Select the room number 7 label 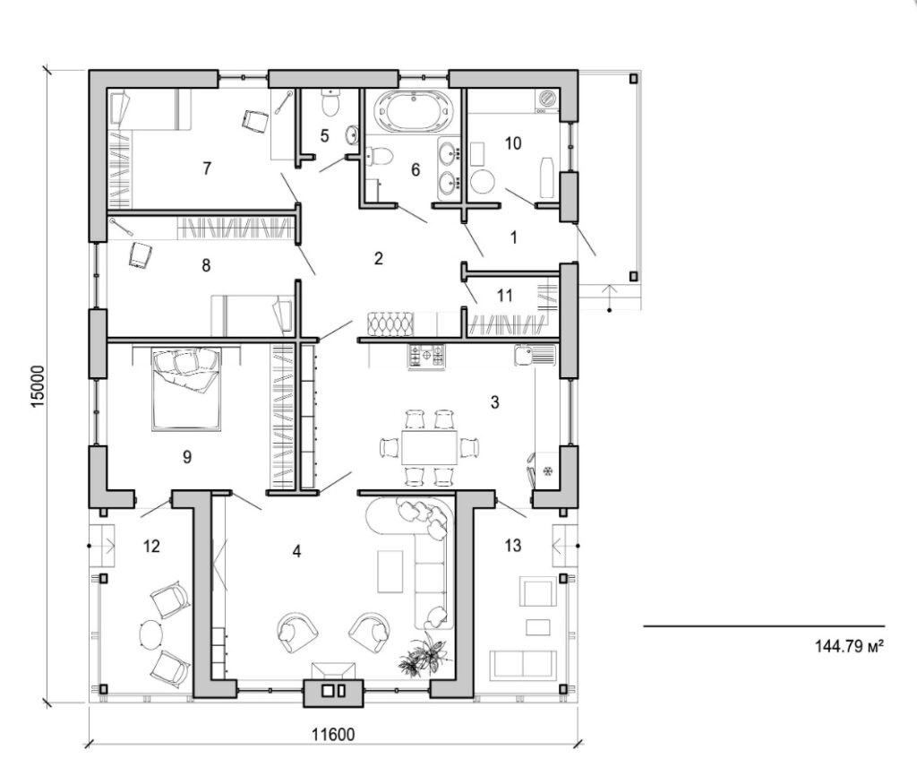(207, 168)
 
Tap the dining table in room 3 (428, 445)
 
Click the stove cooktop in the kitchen (426, 357)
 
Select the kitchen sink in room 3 (536, 356)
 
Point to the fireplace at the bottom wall (333, 689)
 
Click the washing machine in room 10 (545, 99)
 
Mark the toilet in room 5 (330, 104)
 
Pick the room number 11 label (504, 295)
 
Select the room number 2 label (378, 259)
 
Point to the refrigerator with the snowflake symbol (544, 469)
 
